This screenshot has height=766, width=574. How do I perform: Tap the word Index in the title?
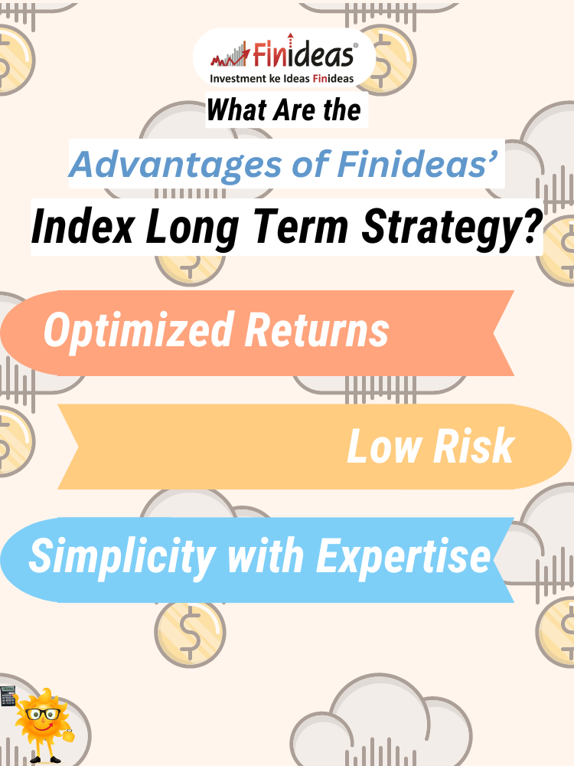pyautogui.click(x=83, y=227)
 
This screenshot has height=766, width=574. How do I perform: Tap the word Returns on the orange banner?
pyautogui.click(x=317, y=330)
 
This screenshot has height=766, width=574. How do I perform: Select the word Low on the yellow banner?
pyautogui.click(x=384, y=446)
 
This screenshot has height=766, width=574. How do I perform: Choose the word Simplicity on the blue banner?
pyautogui.click(x=122, y=558)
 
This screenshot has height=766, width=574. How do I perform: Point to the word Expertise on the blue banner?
pyautogui.click(x=403, y=558)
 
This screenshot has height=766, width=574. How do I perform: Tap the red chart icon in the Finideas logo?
pyautogui.click(x=230, y=55)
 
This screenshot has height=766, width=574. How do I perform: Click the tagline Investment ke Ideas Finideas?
pyautogui.click(x=282, y=78)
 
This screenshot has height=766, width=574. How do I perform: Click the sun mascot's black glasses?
pyautogui.click(x=44, y=714)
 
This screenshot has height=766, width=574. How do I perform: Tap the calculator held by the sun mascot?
pyautogui.click(x=8, y=696)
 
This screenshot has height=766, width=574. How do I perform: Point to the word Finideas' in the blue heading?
pyautogui.click(x=417, y=164)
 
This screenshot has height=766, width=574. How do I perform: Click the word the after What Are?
pyautogui.click(x=341, y=110)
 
